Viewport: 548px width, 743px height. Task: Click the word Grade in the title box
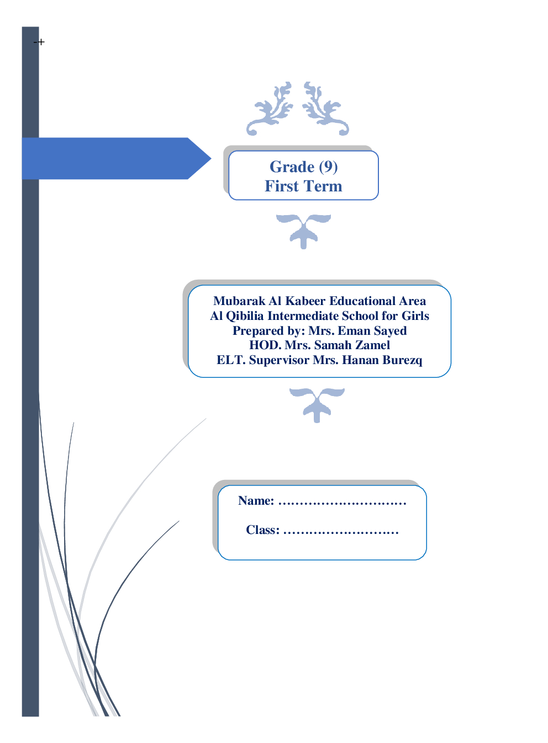tap(292, 167)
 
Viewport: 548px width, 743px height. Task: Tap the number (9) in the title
tap(328, 167)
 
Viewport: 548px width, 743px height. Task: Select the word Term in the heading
tap(323, 186)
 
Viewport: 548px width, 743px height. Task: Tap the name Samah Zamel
tap(352, 345)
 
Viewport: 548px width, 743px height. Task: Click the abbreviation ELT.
tap(230, 360)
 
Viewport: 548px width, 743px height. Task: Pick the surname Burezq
tap(402, 360)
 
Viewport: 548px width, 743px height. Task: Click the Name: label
tap(256, 501)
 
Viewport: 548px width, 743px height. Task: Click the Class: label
tap(262, 530)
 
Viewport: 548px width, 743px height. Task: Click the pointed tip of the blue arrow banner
tap(208, 159)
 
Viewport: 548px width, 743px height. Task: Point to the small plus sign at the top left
tap(41, 42)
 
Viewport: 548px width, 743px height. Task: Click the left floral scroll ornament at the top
tap(270, 109)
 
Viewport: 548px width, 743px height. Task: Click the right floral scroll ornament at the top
tap(325, 109)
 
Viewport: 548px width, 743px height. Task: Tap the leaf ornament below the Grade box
tap(303, 231)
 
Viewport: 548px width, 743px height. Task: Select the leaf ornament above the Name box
tap(317, 404)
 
